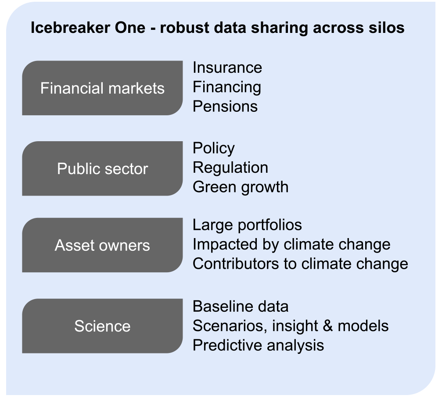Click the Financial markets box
[x=102, y=88]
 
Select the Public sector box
[x=102, y=168]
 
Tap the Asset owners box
[x=102, y=245]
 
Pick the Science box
[x=102, y=326]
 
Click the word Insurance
[x=227, y=68]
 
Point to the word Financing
[x=227, y=87]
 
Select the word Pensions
[x=225, y=107]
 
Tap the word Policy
[x=214, y=148]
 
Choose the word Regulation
[x=230, y=168]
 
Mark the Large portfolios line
[x=247, y=225]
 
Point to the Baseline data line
[x=241, y=306]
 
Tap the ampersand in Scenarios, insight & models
[x=327, y=326]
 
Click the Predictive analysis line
[x=258, y=346]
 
